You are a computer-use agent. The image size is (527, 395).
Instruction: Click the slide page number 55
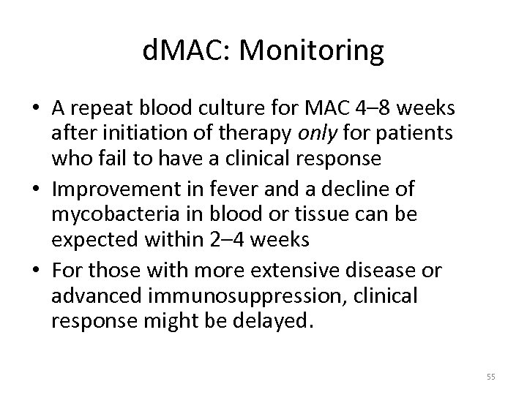pyautogui.click(x=490, y=376)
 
